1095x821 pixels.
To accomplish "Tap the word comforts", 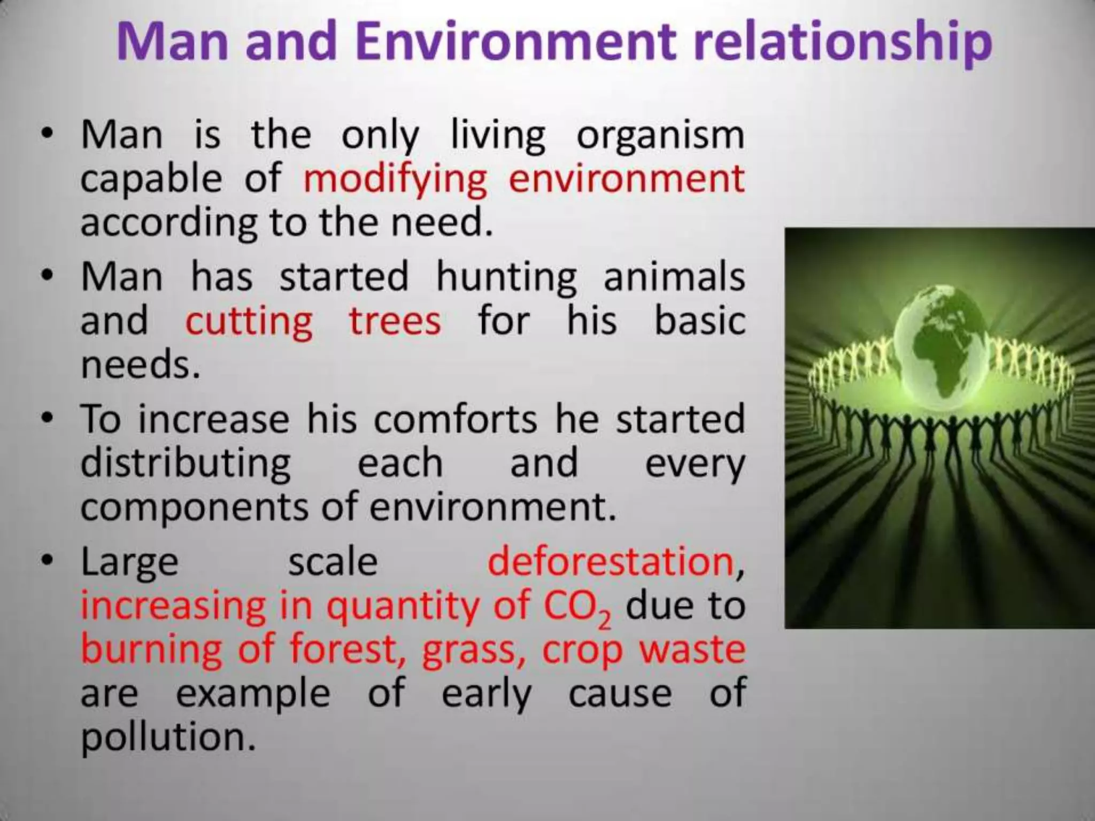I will pyautogui.click(x=455, y=419).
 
